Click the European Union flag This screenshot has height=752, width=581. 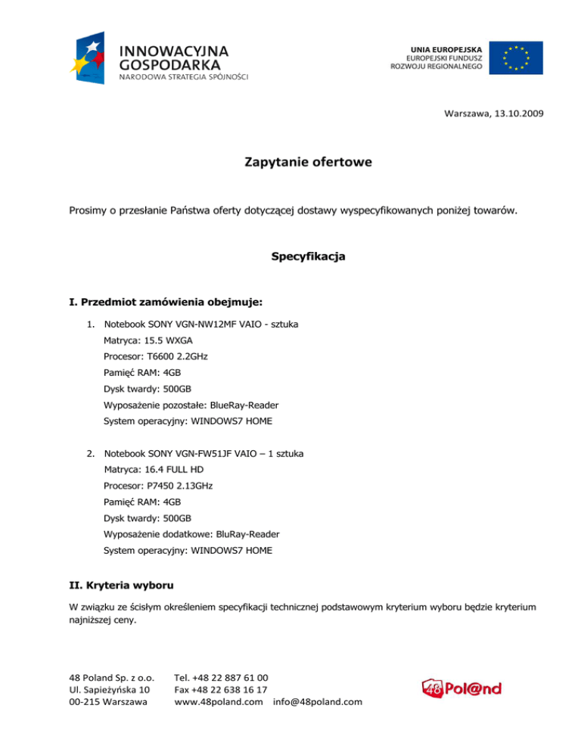point(515,57)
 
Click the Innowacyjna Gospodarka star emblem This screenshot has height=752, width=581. point(92,57)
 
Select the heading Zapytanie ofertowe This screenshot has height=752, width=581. point(308,162)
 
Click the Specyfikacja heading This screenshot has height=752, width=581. point(308,256)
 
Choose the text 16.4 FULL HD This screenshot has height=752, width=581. point(158,470)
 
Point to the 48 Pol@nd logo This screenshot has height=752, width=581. point(461,688)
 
